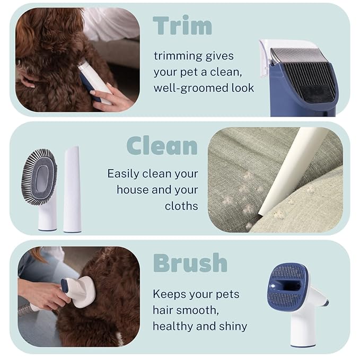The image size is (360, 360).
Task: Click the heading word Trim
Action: point(182,25)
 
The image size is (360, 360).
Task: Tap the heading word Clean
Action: point(162,146)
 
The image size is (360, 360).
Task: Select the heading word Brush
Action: point(190,262)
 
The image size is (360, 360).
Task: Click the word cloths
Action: point(181,206)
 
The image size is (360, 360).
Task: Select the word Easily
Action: point(124,174)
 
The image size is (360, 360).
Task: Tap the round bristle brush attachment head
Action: point(39,177)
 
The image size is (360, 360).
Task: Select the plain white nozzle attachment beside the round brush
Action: point(72,189)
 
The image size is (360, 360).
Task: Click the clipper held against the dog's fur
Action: point(94,82)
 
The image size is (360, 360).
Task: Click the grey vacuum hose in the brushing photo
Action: point(25,310)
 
